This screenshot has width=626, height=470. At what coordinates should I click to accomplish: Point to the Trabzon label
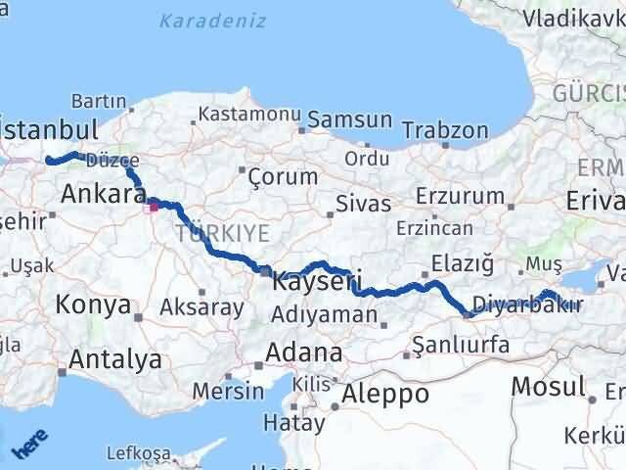(x=445, y=129)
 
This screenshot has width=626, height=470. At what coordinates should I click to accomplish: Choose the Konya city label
(x=94, y=305)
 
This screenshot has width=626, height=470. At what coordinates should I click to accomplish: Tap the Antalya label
(x=117, y=359)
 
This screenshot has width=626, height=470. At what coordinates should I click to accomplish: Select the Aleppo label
(x=381, y=395)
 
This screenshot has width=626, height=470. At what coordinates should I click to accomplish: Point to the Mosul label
(x=548, y=385)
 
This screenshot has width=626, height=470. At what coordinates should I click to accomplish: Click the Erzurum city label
(x=459, y=196)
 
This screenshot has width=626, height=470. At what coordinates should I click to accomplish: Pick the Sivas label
(x=363, y=204)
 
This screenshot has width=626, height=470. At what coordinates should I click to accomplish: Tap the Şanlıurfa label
(x=461, y=344)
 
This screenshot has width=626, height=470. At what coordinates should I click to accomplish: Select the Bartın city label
(x=98, y=101)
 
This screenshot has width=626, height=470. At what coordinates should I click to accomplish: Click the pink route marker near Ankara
(x=152, y=207)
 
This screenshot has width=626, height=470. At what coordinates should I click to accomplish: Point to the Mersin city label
(x=227, y=391)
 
